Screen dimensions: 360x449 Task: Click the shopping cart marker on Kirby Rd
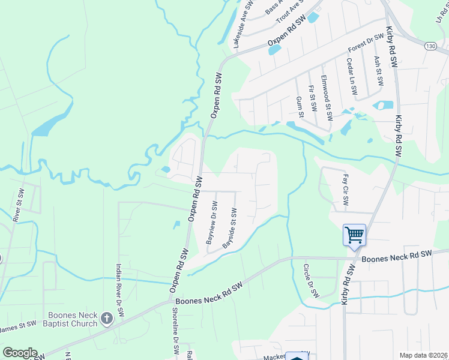354,235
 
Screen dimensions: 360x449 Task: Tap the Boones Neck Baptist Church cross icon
107,317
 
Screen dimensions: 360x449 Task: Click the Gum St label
300,106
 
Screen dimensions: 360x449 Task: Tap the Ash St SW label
378,71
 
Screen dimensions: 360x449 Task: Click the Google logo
20,353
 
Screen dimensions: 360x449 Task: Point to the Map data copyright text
423,355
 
